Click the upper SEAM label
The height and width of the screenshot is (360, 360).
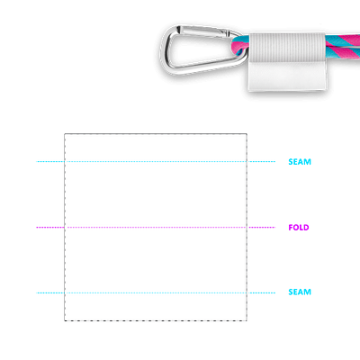coord(300,162)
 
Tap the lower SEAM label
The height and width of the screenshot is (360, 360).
coord(300,292)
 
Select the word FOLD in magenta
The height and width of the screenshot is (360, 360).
coord(299,228)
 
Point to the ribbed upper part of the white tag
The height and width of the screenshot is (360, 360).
coord(287,48)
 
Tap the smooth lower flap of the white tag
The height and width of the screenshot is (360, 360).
coord(287,76)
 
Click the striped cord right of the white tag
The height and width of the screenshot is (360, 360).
coord(343,45)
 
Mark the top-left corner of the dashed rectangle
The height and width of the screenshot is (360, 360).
coord(65,134)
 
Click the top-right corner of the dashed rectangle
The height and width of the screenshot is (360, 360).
coord(247,134)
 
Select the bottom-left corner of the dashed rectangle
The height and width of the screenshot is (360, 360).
coord(65,320)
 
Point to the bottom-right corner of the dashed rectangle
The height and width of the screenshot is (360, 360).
coord(247,320)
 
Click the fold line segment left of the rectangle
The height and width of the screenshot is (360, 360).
coord(50,228)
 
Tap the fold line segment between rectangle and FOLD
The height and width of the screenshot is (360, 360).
coord(261,228)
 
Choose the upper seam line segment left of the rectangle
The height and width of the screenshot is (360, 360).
coord(50,162)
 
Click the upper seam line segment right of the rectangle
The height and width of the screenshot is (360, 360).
coord(261,162)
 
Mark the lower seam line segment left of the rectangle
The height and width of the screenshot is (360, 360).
coord(50,292)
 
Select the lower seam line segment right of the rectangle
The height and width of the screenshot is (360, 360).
coord(261,292)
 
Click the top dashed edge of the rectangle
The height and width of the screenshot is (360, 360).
coord(156,134)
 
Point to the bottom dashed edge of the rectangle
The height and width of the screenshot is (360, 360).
coord(156,320)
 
